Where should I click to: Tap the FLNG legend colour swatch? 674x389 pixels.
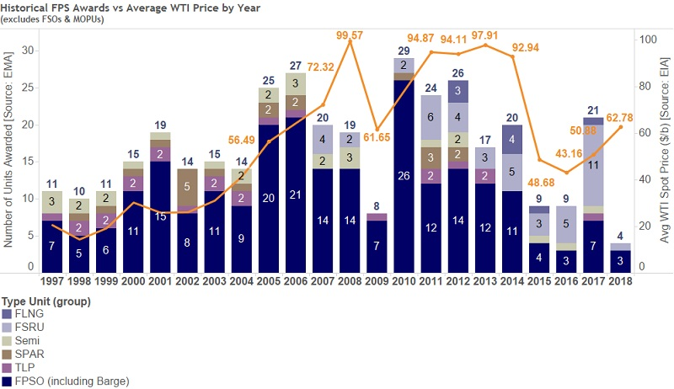[x=8, y=314]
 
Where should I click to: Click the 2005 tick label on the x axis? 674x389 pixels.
[x=269, y=280]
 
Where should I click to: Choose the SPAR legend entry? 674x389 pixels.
[x=32, y=354]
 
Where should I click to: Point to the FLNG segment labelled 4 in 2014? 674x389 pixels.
[x=511, y=139]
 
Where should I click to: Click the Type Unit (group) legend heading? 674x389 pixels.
[x=45, y=301]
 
